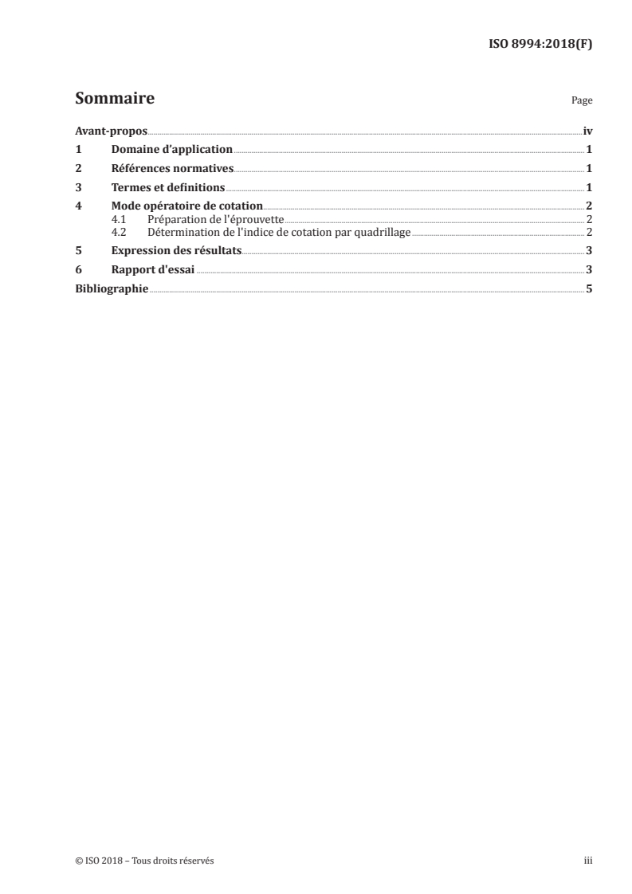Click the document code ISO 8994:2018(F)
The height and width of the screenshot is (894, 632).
point(540,45)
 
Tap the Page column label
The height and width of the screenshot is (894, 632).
point(581,102)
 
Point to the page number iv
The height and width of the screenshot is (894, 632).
point(587,131)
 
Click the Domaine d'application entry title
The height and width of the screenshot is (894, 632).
point(171,149)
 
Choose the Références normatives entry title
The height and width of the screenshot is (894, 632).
point(172,168)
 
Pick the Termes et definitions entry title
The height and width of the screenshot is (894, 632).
point(168,188)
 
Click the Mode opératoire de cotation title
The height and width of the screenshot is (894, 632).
point(186,206)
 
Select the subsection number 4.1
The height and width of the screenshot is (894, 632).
point(119,219)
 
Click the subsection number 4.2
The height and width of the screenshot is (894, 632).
point(119,232)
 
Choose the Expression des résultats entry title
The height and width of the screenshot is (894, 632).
point(176,250)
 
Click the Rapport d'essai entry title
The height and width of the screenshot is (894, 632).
point(153,269)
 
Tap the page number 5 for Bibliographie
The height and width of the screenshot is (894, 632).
point(589,288)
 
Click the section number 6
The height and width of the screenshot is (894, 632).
point(77,269)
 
